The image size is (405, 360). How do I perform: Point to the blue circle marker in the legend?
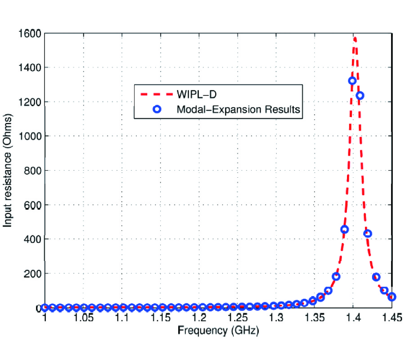click(156, 108)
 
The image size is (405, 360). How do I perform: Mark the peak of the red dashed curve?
click(355, 38)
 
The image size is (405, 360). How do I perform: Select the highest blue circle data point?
click(352, 81)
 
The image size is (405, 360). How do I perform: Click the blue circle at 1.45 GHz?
click(391, 297)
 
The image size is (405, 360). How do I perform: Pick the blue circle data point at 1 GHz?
click(45, 307)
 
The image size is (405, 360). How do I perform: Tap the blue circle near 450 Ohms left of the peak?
click(345, 229)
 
